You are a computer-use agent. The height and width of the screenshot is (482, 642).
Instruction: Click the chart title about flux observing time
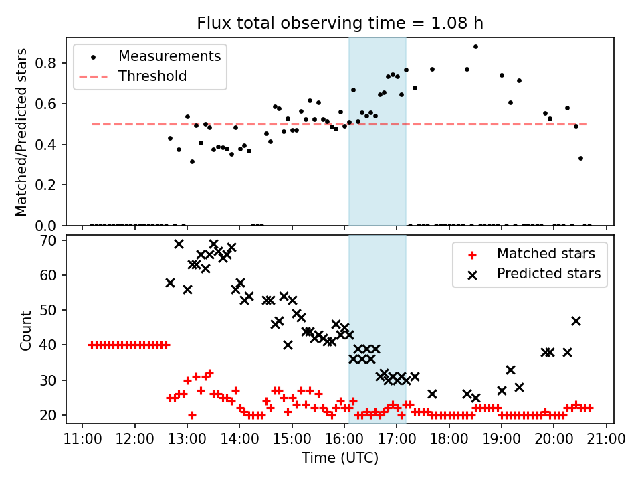340,23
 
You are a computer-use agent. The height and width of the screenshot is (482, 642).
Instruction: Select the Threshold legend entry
152,76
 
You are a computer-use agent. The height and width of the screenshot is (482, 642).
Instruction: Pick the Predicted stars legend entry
548,274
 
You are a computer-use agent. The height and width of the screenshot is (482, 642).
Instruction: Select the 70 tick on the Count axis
54,240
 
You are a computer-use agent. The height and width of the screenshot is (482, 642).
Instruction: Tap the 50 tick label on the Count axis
54,310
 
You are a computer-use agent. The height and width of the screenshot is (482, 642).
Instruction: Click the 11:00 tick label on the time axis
82,439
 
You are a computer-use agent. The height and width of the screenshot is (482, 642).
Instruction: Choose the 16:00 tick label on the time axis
344,439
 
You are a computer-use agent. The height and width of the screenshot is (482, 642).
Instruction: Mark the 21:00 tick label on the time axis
607,439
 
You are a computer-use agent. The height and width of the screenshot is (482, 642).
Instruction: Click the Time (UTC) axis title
340,458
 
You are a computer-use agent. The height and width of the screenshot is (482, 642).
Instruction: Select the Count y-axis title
26,330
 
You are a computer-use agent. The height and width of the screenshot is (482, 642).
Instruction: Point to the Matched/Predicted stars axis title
22,132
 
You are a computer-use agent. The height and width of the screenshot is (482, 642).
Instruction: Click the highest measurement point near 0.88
475,47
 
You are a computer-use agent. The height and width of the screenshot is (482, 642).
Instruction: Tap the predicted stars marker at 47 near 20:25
576,321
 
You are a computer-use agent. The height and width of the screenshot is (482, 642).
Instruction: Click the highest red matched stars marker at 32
209,373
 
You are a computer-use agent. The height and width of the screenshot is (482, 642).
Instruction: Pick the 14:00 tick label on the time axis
239,439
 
